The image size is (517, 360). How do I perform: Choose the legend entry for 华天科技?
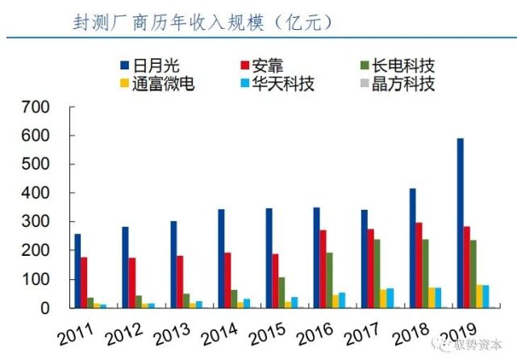point(277,83)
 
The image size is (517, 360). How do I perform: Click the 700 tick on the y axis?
point(35,107)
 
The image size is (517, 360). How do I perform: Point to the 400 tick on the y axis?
point(35,194)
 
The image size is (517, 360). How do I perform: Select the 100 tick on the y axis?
point(35,280)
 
